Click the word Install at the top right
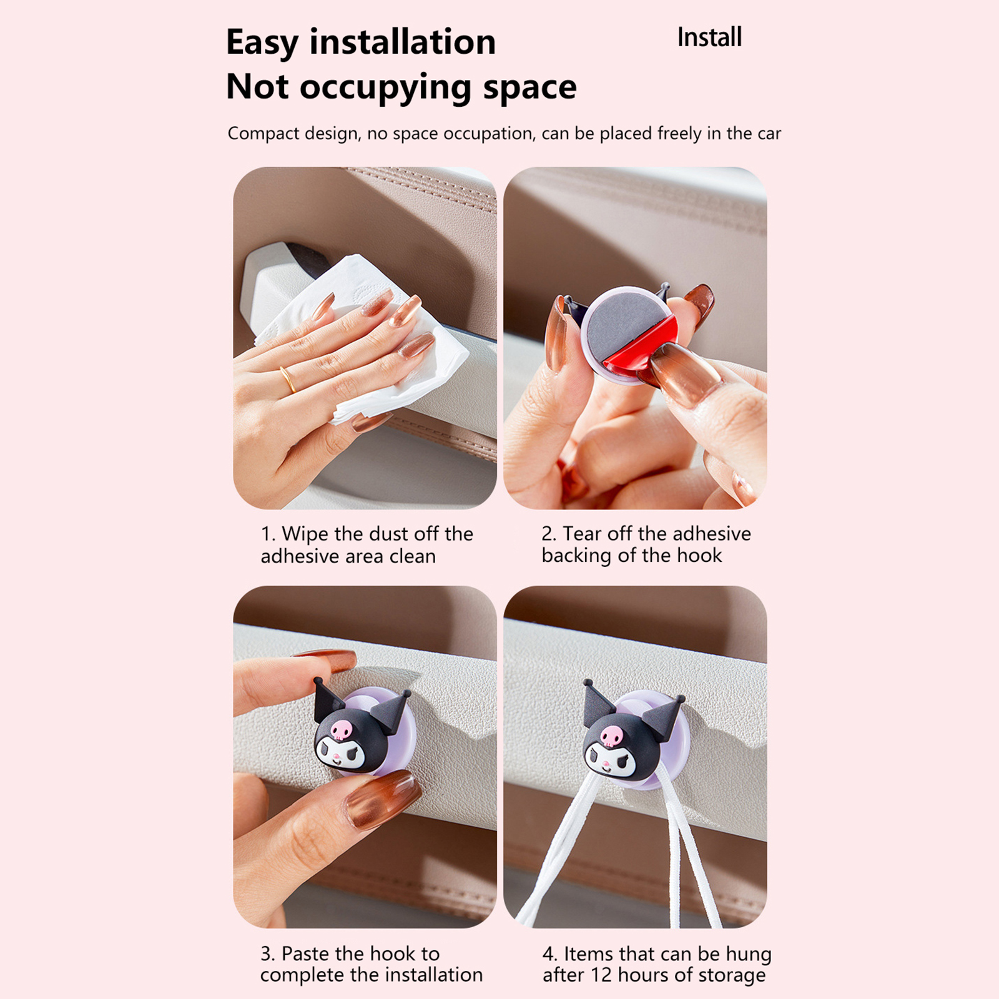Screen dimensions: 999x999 coord(710,37)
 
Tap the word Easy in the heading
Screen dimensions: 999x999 coord(262,43)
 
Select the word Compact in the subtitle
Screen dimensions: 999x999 coord(257,134)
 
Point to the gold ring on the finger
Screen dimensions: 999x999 coord(288,379)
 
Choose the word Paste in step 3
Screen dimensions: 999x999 coord(306,953)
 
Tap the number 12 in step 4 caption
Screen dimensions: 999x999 coord(601,975)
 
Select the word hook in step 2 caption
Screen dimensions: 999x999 coord(699,555)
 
